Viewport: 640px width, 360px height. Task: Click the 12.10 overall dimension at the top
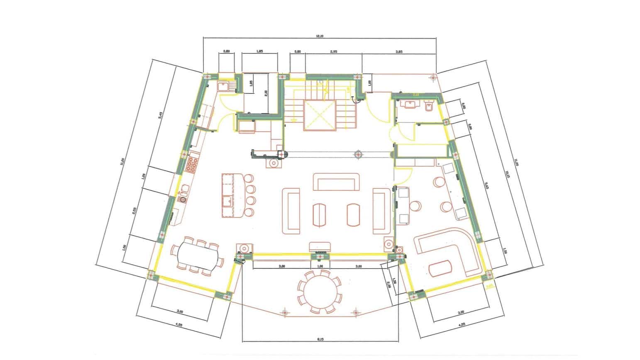pyautogui.click(x=319, y=36)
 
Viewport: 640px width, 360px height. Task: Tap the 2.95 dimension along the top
pyautogui.click(x=333, y=52)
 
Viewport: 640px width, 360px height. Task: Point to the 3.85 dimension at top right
pyautogui.click(x=399, y=52)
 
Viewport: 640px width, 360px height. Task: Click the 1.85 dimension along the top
pyautogui.click(x=260, y=51)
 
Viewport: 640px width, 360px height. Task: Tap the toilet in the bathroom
pyautogui.click(x=430, y=107)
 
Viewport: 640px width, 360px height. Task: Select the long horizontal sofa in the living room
pyautogui.click(x=336, y=182)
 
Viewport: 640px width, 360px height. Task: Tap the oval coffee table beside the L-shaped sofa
pyautogui.click(x=441, y=268)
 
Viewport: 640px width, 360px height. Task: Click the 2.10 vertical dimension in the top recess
pyautogui.click(x=266, y=92)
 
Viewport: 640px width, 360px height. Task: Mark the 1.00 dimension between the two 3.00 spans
pyautogui.click(x=320, y=266)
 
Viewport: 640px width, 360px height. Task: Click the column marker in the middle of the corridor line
pyautogui.click(x=358, y=155)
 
